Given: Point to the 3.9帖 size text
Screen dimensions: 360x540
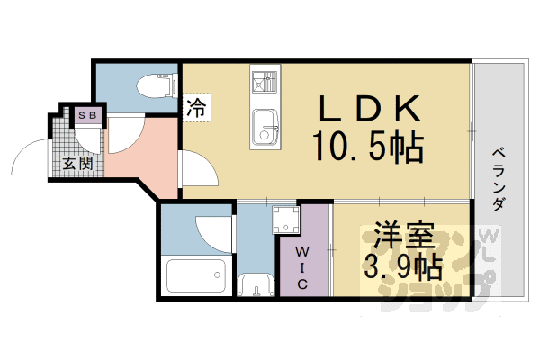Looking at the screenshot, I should [401, 266].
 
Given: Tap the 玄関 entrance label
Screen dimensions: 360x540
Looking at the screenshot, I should [77, 164].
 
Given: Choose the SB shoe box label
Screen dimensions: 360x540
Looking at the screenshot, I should [88, 115].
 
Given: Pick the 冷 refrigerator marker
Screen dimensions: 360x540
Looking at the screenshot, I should [194, 110].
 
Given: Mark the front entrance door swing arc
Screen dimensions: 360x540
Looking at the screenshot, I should [31, 157].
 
